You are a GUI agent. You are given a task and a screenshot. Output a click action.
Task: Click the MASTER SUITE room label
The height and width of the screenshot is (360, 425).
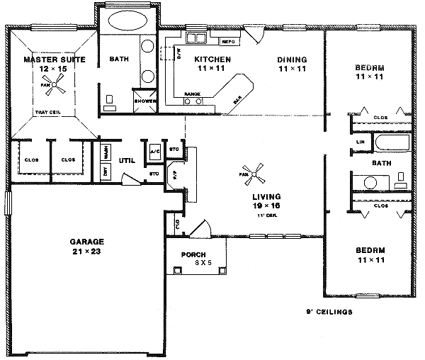[x=55, y=60]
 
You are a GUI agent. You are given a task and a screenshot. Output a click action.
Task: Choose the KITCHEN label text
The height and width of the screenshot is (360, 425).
[x=210, y=60]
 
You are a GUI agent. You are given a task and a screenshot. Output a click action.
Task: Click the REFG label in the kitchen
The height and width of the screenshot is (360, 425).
[x=227, y=41]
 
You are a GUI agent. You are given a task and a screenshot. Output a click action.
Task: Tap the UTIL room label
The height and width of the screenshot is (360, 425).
[x=126, y=161]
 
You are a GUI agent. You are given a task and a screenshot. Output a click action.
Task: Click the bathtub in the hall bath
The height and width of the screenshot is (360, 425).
[x=391, y=145]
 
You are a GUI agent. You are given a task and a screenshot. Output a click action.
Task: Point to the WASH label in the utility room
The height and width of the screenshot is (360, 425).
[x=106, y=151]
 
